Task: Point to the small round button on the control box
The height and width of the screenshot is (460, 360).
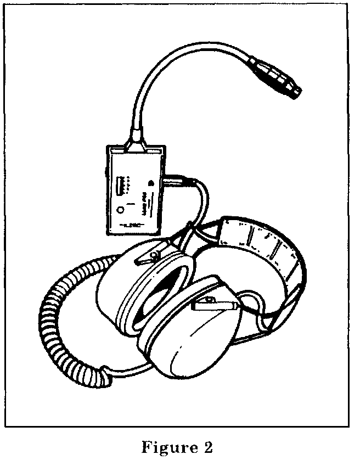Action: (120, 209)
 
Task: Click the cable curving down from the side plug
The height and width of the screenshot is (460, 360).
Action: (204, 203)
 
